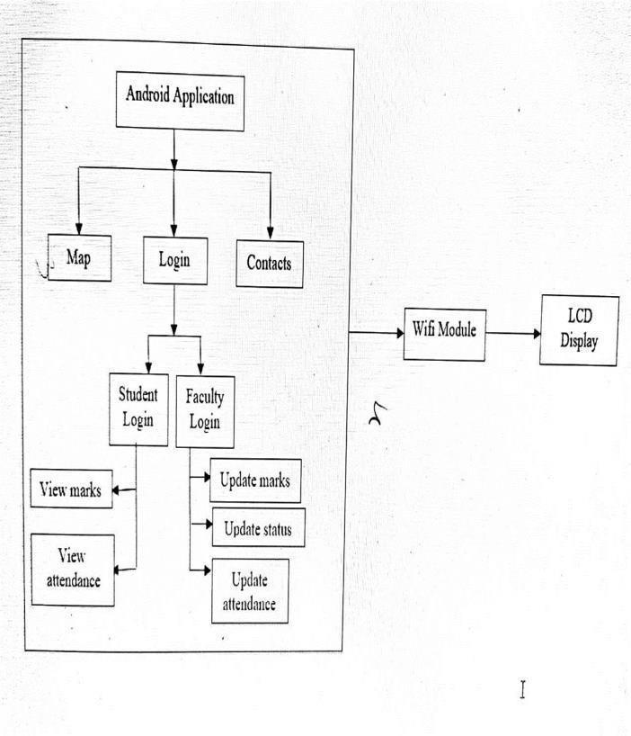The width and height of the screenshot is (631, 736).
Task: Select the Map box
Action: [x=79, y=257]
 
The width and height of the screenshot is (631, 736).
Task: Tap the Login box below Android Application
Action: [x=174, y=261]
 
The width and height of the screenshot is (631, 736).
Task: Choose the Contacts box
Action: [x=269, y=264]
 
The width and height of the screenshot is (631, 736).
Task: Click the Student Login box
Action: [x=138, y=408]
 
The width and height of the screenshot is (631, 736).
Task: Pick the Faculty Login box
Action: [x=204, y=410]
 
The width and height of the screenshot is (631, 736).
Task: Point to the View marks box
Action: [x=71, y=490]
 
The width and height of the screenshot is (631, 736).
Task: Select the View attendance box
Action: [x=72, y=569]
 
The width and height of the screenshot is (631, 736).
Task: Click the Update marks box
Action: [x=254, y=480]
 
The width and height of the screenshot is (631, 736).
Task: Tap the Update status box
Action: [x=257, y=527]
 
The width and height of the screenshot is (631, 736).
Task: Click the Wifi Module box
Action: [x=444, y=331]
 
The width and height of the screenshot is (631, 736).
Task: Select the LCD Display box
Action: [x=579, y=330]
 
